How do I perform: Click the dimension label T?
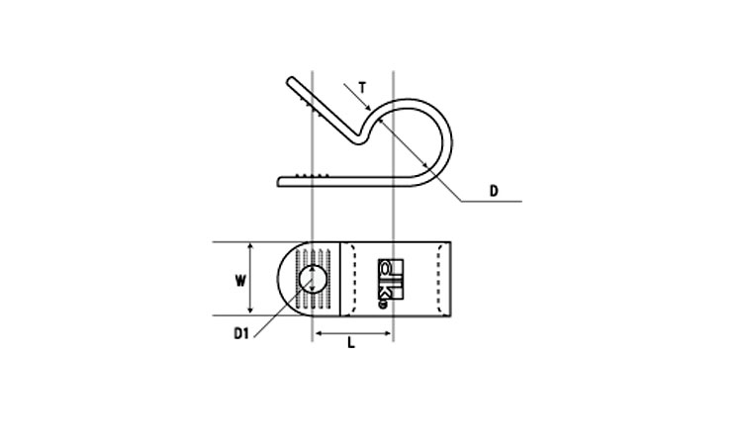click(362, 88)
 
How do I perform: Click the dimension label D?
click(494, 191)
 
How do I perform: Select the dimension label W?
click(240, 281)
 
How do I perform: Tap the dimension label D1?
click(240, 333)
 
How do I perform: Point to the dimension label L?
click(350, 343)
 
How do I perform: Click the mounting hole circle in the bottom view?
click(313, 279)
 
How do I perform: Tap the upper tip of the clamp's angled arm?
click(291, 80)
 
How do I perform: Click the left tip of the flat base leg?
click(279, 182)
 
